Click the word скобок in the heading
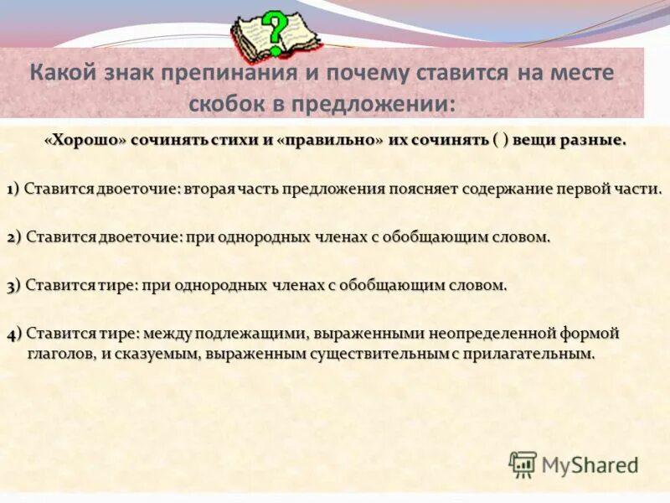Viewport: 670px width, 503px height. tap(224, 104)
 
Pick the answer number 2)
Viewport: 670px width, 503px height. tap(14, 237)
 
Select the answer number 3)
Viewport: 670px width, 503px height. tap(14, 285)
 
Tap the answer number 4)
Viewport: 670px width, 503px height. tap(14, 334)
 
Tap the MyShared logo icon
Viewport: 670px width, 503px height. tap(523, 464)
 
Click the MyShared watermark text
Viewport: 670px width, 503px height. tap(590, 465)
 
